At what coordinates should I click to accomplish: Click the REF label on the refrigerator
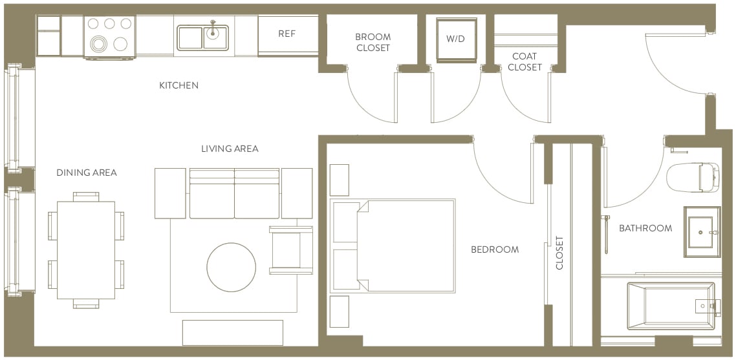click(x=287, y=34)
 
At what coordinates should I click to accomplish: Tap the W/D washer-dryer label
click(x=456, y=38)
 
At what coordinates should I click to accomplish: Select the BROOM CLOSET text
click(x=373, y=43)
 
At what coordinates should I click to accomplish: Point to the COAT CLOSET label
click(x=525, y=62)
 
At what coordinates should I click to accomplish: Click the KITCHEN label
click(x=179, y=85)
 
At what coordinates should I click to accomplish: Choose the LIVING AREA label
click(x=230, y=149)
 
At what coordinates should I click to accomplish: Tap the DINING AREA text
click(x=87, y=173)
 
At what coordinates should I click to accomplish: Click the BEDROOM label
click(x=495, y=249)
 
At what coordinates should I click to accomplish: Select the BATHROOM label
click(x=645, y=228)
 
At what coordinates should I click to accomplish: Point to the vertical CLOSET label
click(x=560, y=253)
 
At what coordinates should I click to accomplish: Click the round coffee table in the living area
click(x=232, y=267)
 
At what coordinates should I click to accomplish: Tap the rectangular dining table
click(x=86, y=249)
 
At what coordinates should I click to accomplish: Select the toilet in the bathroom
click(x=692, y=177)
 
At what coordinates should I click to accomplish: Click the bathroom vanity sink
click(x=702, y=231)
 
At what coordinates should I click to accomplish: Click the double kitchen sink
click(x=202, y=37)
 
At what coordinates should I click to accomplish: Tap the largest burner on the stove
click(x=100, y=45)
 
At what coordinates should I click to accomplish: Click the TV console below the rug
click(x=233, y=332)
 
